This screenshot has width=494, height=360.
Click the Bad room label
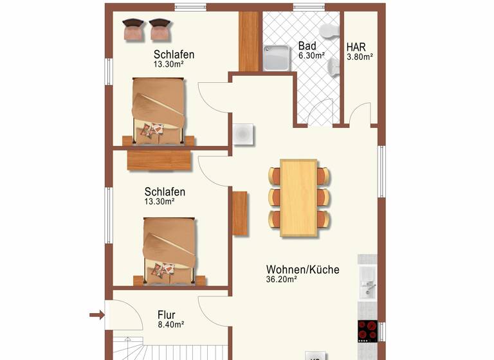click(307, 47)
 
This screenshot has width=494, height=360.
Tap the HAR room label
click(356, 47)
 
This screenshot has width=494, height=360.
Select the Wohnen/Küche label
click(302, 270)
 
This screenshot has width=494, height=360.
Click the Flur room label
click(167, 315)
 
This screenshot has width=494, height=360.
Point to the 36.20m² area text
click(281, 280)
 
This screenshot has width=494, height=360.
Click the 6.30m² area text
click(311, 56)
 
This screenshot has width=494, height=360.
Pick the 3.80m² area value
click(360, 57)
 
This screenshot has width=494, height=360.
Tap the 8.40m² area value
click(171, 325)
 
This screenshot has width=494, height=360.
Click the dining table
click(299, 197)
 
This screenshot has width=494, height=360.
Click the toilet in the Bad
click(330, 31)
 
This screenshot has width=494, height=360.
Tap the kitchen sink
click(369, 282)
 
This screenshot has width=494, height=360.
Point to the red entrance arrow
click(96, 314)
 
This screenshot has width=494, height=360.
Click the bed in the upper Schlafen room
click(159, 111)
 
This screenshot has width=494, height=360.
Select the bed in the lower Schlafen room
click(168, 250)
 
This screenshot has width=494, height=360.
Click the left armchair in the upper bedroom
click(133, 28)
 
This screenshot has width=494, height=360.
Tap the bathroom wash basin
click(332, 67)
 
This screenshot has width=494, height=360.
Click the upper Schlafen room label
click(174, 55)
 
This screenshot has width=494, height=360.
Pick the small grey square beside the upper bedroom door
click(243, 134)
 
